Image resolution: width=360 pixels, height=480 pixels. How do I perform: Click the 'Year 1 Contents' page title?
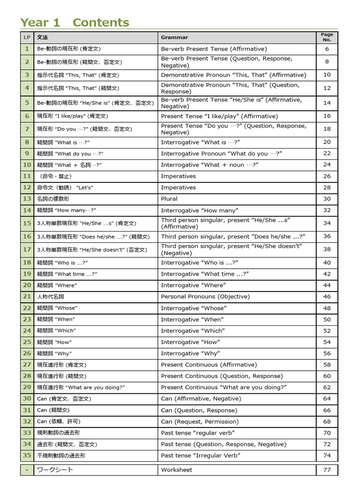click(x=75, y=22)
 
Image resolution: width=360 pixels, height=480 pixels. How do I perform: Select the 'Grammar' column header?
click(x=174, y=37)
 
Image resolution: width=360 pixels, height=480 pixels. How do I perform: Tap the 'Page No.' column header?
click(x=327, y=37)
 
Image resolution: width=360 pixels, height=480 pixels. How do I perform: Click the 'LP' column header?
click(x=27, y=37)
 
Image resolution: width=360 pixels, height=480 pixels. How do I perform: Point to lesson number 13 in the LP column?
click(x=27, y=199)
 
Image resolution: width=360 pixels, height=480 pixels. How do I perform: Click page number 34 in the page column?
click(x=327, y=223)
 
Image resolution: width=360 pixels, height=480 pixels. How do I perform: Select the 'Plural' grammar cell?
click(x=169, y=199)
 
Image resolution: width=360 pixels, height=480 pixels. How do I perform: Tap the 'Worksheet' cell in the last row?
click(x=176, y=470)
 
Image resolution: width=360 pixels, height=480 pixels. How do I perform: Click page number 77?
click(x=327, y=470)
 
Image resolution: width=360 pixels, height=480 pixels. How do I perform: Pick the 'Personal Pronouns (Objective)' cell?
click(x=205, y=296)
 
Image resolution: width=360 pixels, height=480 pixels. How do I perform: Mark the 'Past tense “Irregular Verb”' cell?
click(x=201, y=455)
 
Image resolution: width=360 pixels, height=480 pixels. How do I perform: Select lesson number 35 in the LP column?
click(x=27, y=455)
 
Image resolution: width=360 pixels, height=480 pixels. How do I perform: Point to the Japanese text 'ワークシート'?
click(x=55, y=470)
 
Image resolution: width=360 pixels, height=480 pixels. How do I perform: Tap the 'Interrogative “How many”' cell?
click(x=199, y=210)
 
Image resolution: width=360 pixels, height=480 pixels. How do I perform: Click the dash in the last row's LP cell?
click(x=27, y=470)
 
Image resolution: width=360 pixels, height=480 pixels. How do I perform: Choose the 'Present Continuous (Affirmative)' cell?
click(x=209, y=365)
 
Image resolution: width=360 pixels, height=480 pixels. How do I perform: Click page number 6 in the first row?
click(x=327, y=49)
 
